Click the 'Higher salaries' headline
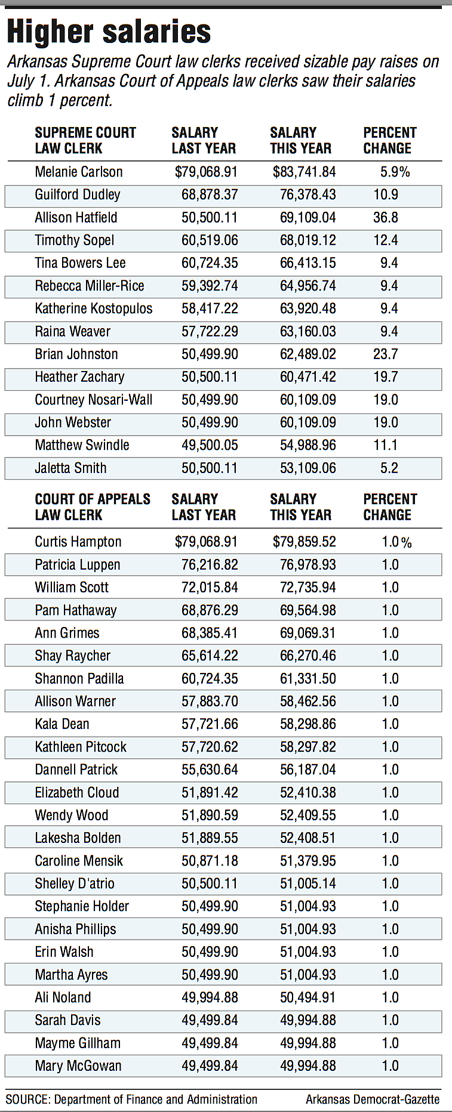coord(109,32)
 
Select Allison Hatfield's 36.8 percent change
coord(386,218)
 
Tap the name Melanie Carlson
coord(79,172)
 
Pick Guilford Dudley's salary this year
coord(308,195)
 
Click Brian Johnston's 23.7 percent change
coord(386,354)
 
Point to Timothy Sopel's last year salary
coord(210,240)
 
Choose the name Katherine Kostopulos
coord(94,309)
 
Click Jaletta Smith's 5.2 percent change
coord(389,468)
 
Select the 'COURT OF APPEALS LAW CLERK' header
coord(93,507)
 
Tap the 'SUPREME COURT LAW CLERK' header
coord(85,141)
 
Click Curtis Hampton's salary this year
coord(305,542)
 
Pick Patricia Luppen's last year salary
coord(210,565)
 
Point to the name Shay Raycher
coord(73,656)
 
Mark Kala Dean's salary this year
coord(308,724)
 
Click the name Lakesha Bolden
coord(78,838)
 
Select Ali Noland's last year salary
coord(210,997)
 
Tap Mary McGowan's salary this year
coord(308,1066)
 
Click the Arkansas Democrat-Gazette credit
coord(373,1099)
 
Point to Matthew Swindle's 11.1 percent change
coord(386,446)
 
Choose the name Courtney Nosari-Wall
coord(94,400)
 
